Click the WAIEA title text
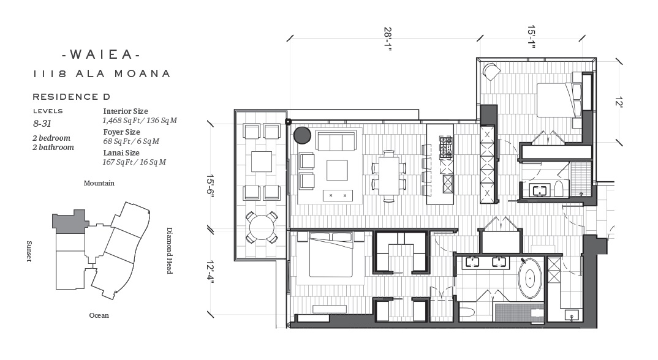pos(100,54)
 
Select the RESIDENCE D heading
pos(71,97)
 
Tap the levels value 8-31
pos(42,124)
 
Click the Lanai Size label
pos(121,152)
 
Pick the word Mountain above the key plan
pos(99,183)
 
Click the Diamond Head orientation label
pos(170,250)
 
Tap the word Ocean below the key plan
pos(99,315)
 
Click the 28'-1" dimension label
pos(388,39)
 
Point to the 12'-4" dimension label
pos(210,272)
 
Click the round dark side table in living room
pos(302,135)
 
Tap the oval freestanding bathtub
pos(531,278)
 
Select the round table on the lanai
pos(262,227)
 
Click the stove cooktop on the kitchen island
pos(446,148)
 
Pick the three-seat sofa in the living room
pos(337,140)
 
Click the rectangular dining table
pos(389,175)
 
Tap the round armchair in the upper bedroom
pos(491,72)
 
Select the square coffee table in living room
pos(337,170)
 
